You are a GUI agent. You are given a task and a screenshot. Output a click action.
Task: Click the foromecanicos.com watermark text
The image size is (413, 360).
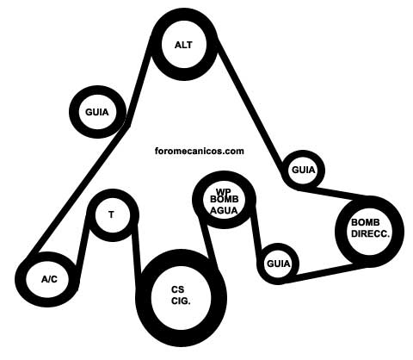[x=200, y=151]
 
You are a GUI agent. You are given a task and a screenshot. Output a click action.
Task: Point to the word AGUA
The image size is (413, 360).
[x=224, y=211]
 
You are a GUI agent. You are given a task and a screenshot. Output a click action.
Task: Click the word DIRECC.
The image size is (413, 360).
[x=371, y=233]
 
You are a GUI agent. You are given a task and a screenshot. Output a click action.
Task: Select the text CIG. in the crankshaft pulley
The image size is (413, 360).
[x=181, y=301]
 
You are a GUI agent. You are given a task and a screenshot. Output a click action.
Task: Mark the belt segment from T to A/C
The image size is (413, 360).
[x=83, y=240]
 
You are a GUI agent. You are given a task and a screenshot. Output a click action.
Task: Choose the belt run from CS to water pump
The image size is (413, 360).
[x=209, y=242]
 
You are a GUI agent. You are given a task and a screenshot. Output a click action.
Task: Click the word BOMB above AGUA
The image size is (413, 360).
[x=225, y=199]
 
